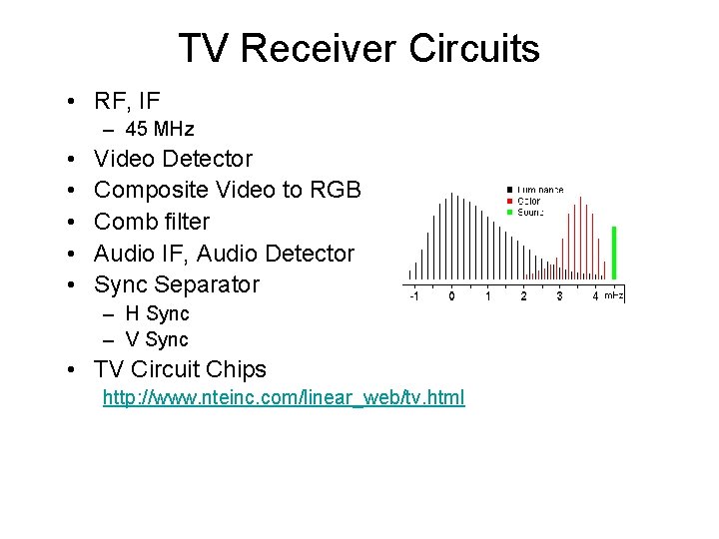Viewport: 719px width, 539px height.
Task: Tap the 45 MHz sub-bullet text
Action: (x=160, y=129)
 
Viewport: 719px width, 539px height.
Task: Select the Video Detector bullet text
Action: (x=173, y=159)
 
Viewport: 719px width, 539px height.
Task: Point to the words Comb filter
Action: (x=152, y=222)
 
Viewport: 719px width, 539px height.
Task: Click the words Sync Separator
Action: (x=176, y=284)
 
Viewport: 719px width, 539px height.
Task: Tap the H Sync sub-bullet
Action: (x=157, y=313)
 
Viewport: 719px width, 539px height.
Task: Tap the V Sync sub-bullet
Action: (x=157, y=339)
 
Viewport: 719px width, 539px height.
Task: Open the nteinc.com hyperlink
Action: (x=284, y=398)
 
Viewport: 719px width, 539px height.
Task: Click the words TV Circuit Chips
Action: (x=180, y=369)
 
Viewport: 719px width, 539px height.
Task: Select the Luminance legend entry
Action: (x=539, y=190)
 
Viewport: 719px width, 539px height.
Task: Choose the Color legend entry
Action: (x=528, y=201)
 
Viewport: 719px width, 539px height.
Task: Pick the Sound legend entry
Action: (x=530, y=212)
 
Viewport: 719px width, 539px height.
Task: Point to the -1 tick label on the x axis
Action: (x=412, y=296)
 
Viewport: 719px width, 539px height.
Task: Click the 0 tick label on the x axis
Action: (x=451, y=296)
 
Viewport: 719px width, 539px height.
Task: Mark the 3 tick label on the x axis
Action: (x=559, y=296)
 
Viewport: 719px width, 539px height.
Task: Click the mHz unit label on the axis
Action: (x=613, y=295)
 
